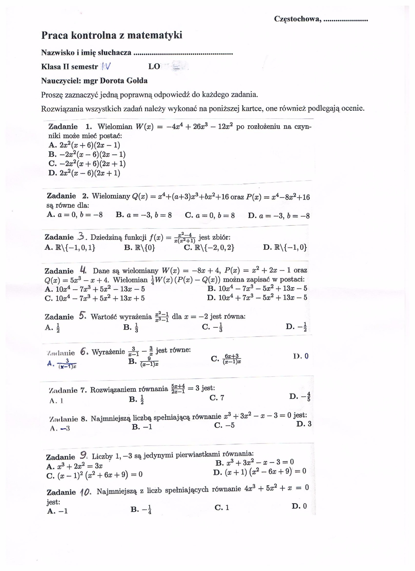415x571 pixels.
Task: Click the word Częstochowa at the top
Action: (x=297, y=19)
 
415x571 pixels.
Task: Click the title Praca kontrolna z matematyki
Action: (x=112, y=35)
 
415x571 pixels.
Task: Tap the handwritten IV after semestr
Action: (x=106, y=67)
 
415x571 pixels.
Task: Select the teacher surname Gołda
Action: (x=137, y=81)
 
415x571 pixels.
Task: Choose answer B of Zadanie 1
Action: (x=87, y=154)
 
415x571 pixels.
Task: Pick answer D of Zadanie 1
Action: (x=84, y=173)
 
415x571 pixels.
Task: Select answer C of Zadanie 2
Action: (x=210, y=215)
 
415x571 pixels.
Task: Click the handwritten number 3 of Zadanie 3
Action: (x=82, y=237)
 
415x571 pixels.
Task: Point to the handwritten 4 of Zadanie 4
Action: (x=83, y=271)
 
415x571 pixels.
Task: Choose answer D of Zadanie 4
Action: (x=257, y=298)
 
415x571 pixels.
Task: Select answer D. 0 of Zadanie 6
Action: (x=301, y=356)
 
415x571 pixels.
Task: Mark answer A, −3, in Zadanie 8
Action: (x=60, y=428)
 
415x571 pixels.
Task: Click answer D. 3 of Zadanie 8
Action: (x=304, y=424)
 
